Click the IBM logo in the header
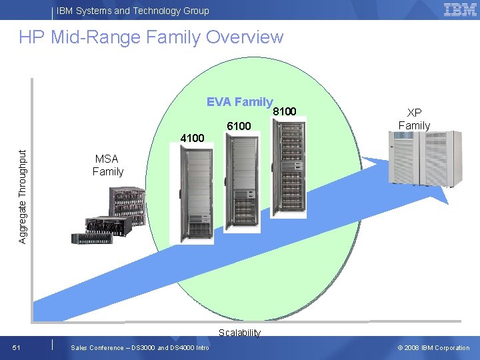(x=460, y=9)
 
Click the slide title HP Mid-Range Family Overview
(x=151, y=37)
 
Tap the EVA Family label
(x=239, y=102)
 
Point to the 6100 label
(x=239, y=126)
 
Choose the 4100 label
(x=192, y=139)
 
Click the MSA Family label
(x=108, y=165)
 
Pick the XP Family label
(x=414, y=119)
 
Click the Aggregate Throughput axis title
(x=23, y=195)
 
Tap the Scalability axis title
(x=239, y=333)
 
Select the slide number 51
(x=17, y=347)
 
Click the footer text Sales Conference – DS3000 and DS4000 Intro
(x=140, y=347)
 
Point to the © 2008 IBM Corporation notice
(x=433, y=347)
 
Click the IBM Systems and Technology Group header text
(x=133, y=11)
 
